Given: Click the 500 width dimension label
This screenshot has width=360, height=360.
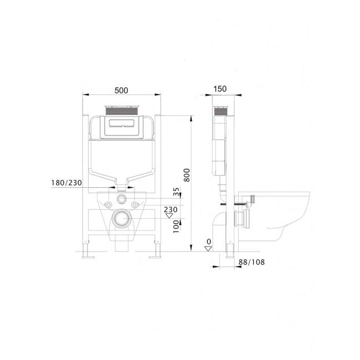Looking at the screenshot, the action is coord(121,90).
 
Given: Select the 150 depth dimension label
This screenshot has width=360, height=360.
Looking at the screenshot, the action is coord(220,89).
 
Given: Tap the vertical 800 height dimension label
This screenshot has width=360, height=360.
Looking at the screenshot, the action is coord(187,175).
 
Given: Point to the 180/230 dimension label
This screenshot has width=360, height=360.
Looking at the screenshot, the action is coord(66,183).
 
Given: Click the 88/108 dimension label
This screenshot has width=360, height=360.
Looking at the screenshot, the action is coord(251,262).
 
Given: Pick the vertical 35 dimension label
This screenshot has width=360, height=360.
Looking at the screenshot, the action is coord(176,192).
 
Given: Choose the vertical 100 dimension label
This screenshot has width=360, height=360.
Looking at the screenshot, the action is coord(176,227).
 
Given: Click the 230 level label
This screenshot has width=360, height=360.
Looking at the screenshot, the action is coord(171,209).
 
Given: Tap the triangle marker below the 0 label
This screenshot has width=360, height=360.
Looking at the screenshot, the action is coord(208,249).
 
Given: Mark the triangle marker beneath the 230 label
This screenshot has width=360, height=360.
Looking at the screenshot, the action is coord(169,215).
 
